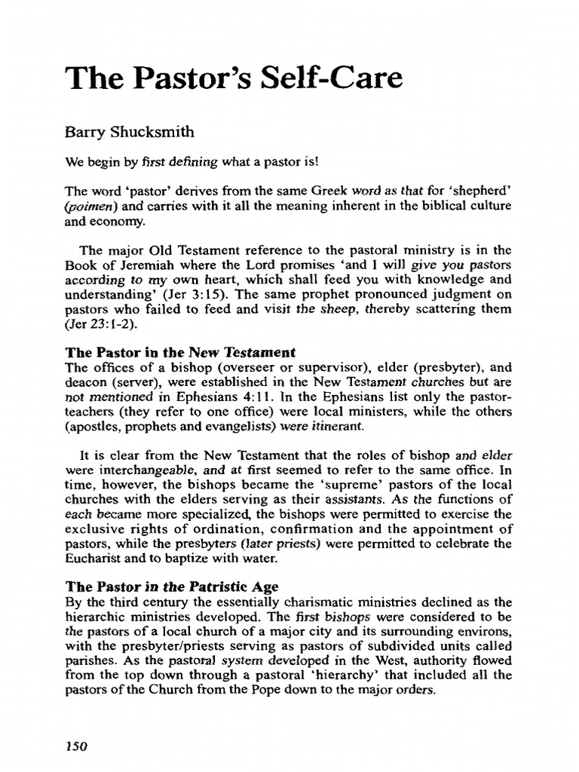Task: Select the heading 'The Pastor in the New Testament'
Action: coord(180,352)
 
